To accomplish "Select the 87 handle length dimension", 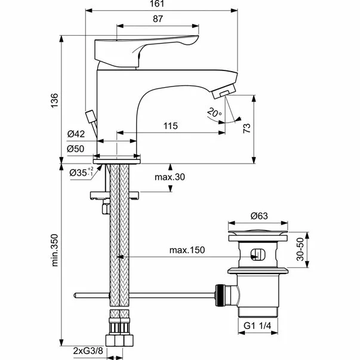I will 158,20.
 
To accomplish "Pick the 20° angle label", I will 214,112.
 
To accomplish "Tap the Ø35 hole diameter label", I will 79,173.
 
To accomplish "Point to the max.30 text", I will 169,177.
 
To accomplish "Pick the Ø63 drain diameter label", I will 258,216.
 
